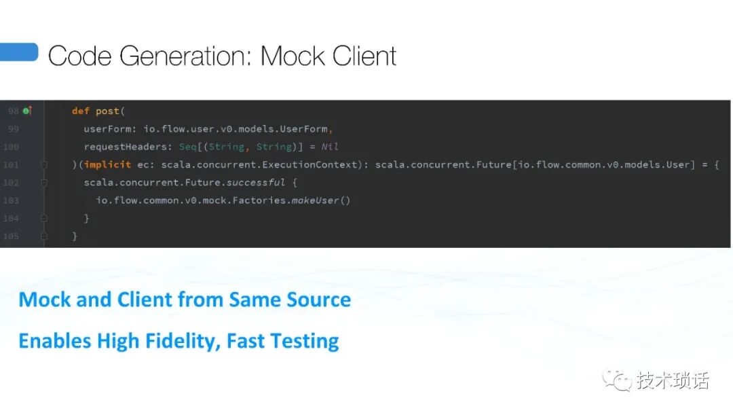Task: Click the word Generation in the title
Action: pyautogui.click(x=185, y=56)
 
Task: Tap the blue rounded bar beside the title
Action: pyautogui.click(x=18, y=52)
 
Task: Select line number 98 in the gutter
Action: pyautogui.click(x=14, y=111)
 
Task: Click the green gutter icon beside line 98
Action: pyautogui.click(x=27, y=111)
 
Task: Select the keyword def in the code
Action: pyautogui.click(x=81, y=111)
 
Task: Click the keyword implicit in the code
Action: pyautogui.click(x=107, y=164)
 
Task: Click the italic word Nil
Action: pyautogui.click(x=329, y=147)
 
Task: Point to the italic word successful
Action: pyautogui.click(x=256, y=183)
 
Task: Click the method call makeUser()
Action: pyautogui.click(x=320, y=200)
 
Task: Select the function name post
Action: pyautogui.click(x=107, y=111)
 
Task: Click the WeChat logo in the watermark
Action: pyautogui.click(x=617, y=380)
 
